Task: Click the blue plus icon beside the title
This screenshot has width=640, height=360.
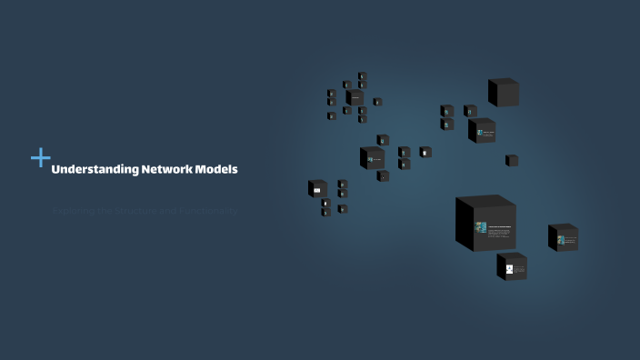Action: pyautogui.click(x=40, y=158)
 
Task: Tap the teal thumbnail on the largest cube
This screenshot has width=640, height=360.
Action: pyautogui.click(x=482, y=227)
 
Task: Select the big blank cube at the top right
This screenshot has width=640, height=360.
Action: pyautogui.click(x=504, y=93)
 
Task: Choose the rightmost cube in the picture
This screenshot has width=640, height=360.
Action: pyautogui.click(x=563, y=237)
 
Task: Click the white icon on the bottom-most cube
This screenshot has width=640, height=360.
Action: pyautogui.click(x=509, y=269)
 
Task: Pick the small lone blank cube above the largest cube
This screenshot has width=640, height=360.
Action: pyautogui.click(x=512, y=161)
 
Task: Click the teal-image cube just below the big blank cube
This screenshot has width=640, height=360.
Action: pyautogui.click(x=482, y=131)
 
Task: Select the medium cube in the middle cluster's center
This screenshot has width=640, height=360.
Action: pyautogui.click(x=371, y=158)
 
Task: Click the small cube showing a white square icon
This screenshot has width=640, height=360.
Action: pyautogui.click(x=425, y=153)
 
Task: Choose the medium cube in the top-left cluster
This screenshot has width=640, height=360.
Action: pyautogui.click(x=355, y=97)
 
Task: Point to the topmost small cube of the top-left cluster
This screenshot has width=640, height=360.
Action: pyautogui.click(x=362, y=76)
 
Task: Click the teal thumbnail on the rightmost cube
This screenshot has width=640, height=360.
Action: pyautogui.click(x=561, y=240)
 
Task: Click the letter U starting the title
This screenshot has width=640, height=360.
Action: pyautogui.click(x=55, y=169)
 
